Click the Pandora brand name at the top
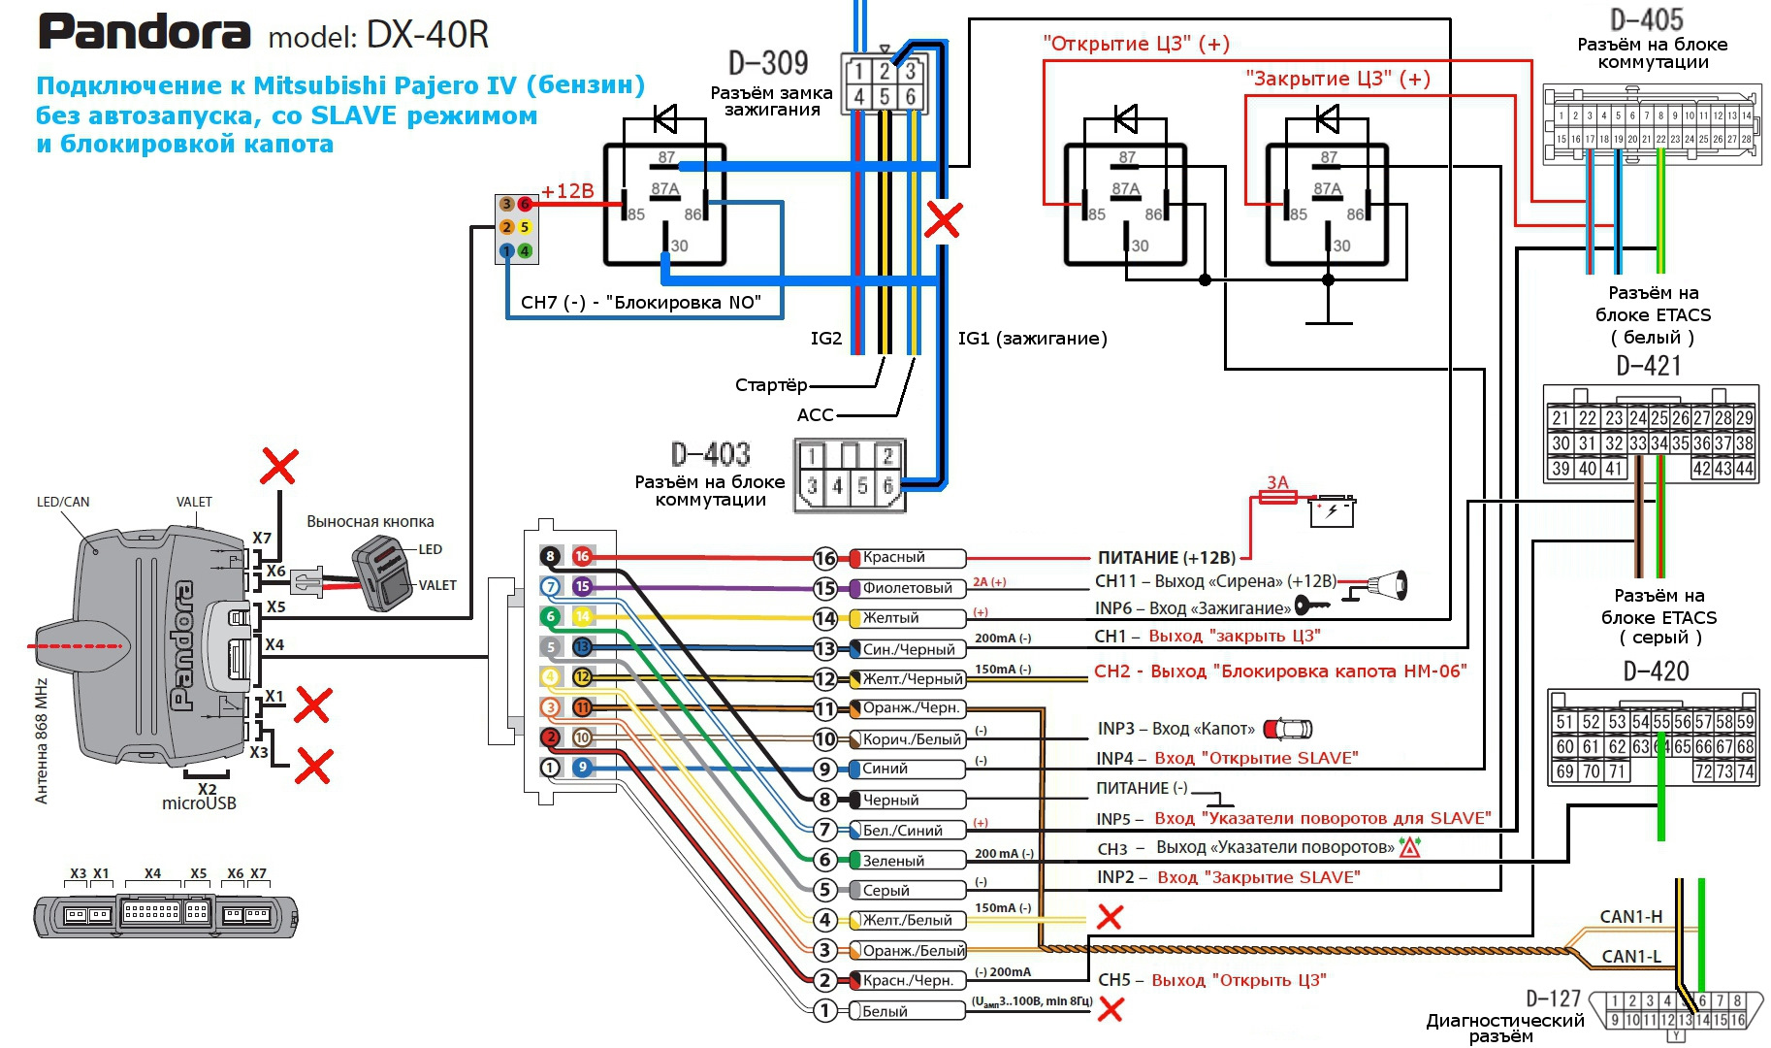click(145, 33)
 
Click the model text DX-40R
click(428, 35)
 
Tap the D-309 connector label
click(768, 63)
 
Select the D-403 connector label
click(711, 454)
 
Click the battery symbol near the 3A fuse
click(1332, 510)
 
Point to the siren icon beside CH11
click(1389, 583)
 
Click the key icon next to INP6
click(1311, 606)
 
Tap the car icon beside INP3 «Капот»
click(1288, 728)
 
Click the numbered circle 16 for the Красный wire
click(825, 558)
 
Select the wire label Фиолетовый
click(907, 588)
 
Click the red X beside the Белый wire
click(1111, 1010)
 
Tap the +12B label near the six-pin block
click(567, 191)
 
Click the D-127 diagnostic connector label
click(1553, 999)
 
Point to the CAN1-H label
click(1630, 917)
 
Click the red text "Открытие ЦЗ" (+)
click(1136, 44)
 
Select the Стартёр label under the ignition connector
click(771, 385)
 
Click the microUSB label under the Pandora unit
click(199, 803)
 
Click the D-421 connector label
click(1649, 366)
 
